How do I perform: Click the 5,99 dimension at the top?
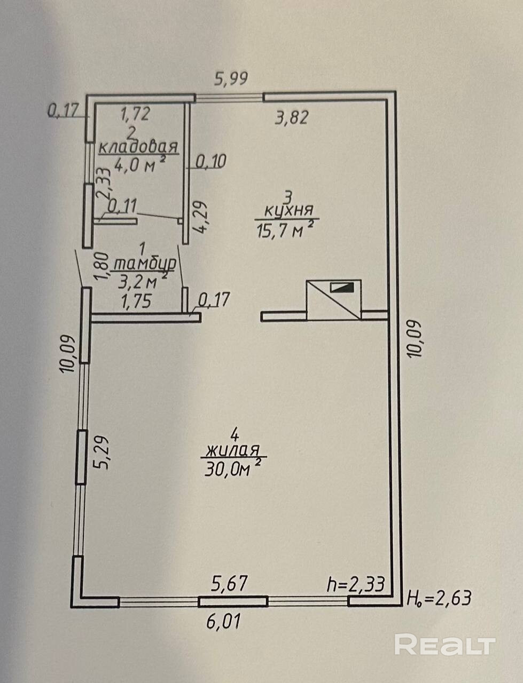pos(231,79)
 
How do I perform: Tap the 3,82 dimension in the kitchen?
pos(292,117)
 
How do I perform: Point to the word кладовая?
pos(138,146)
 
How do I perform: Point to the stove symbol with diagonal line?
pos(333,299)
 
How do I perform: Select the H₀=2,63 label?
pos(439,597)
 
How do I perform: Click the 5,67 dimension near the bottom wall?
pos(229,583)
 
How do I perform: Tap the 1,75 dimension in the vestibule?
pos(136,301)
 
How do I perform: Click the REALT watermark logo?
pos(445,645)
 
